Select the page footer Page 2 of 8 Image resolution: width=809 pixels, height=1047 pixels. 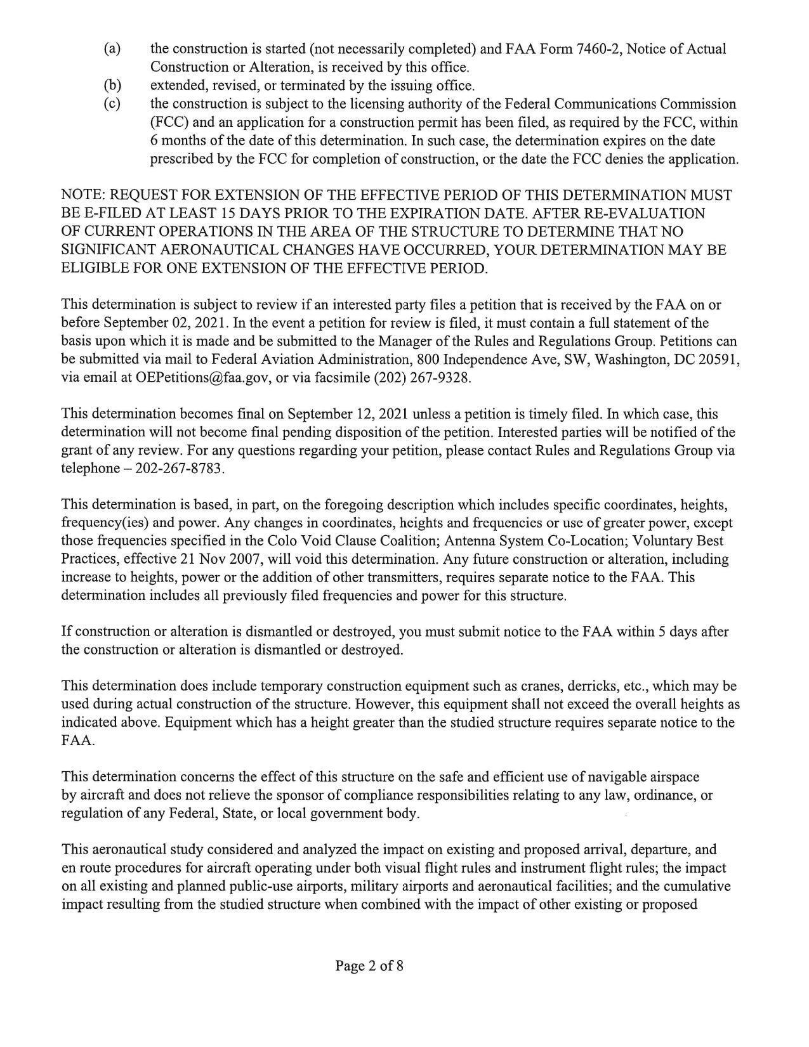coord(369,966)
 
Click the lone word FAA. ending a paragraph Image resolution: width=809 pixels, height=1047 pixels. coord(77,741)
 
